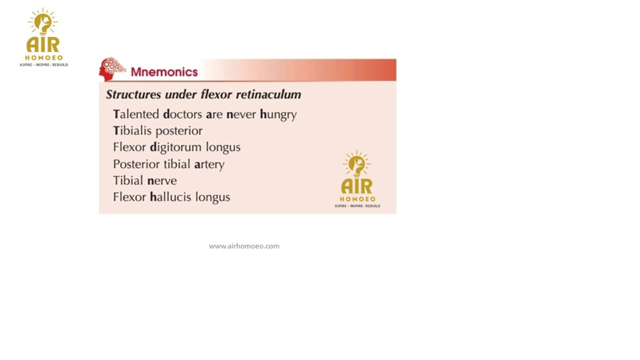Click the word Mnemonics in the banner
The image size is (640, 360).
164,72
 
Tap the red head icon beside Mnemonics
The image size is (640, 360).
112,69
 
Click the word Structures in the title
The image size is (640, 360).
134,94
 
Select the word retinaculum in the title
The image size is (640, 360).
268,94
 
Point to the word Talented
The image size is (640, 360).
136,114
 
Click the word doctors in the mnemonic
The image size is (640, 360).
182,114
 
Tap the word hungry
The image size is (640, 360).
278,115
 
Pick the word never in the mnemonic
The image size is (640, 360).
241,115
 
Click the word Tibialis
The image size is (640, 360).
132,130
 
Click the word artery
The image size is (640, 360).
210,164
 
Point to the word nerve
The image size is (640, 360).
162,181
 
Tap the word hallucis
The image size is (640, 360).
170,197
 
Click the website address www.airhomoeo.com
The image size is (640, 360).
244,246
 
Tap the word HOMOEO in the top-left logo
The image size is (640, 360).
44,58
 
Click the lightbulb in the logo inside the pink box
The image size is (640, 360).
356,164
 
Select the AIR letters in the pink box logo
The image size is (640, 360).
357,186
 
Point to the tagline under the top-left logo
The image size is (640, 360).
44,65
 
